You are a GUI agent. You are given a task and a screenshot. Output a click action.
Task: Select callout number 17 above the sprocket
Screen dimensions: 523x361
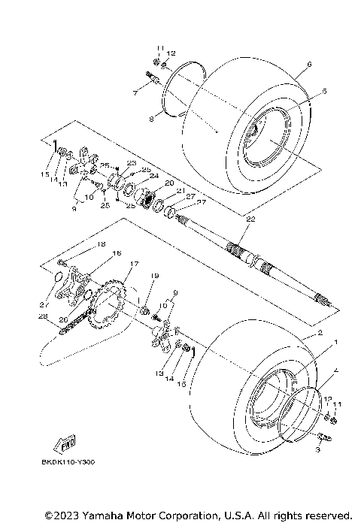[134, 264]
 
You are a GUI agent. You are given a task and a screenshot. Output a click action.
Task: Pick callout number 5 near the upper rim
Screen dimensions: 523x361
[303, 91]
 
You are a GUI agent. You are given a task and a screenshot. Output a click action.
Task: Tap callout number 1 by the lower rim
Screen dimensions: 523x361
[335, 342]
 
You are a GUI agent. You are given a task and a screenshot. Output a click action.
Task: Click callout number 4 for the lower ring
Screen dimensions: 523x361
[335, 370]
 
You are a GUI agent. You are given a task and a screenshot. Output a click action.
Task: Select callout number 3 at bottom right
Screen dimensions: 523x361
[318, 449]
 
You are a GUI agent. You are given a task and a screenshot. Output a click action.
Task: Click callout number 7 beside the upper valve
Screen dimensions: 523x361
[135, 92]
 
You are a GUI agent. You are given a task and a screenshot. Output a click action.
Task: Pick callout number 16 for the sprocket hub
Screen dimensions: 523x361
[116, 254]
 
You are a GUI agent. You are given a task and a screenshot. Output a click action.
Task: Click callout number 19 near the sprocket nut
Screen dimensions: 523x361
[154, 277]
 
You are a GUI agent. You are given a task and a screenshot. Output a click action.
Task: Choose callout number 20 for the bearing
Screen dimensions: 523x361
[169, 183]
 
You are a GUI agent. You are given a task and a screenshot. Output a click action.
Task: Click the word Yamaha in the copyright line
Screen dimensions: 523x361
[96, 515]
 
